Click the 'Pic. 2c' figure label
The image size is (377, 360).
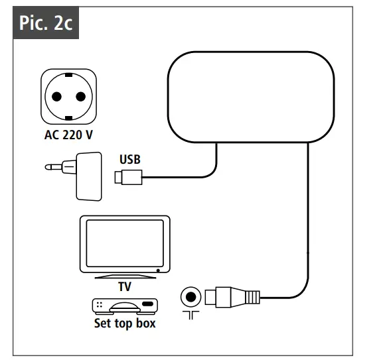[x=46, y=23]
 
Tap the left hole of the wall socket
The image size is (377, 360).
[x=56, y=97]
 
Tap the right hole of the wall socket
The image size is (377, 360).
[x=80, y=97]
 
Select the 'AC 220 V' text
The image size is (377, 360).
[x=68, y=135]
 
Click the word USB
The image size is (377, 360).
[x=130, y=159]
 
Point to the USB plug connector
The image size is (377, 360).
[x=128, y=177]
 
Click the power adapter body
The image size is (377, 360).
[x=89, y=176]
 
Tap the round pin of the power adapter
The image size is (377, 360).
[x=53, y=167]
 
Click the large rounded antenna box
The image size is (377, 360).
[x=251, y=97]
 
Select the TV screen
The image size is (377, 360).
[x=125, y=243]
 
